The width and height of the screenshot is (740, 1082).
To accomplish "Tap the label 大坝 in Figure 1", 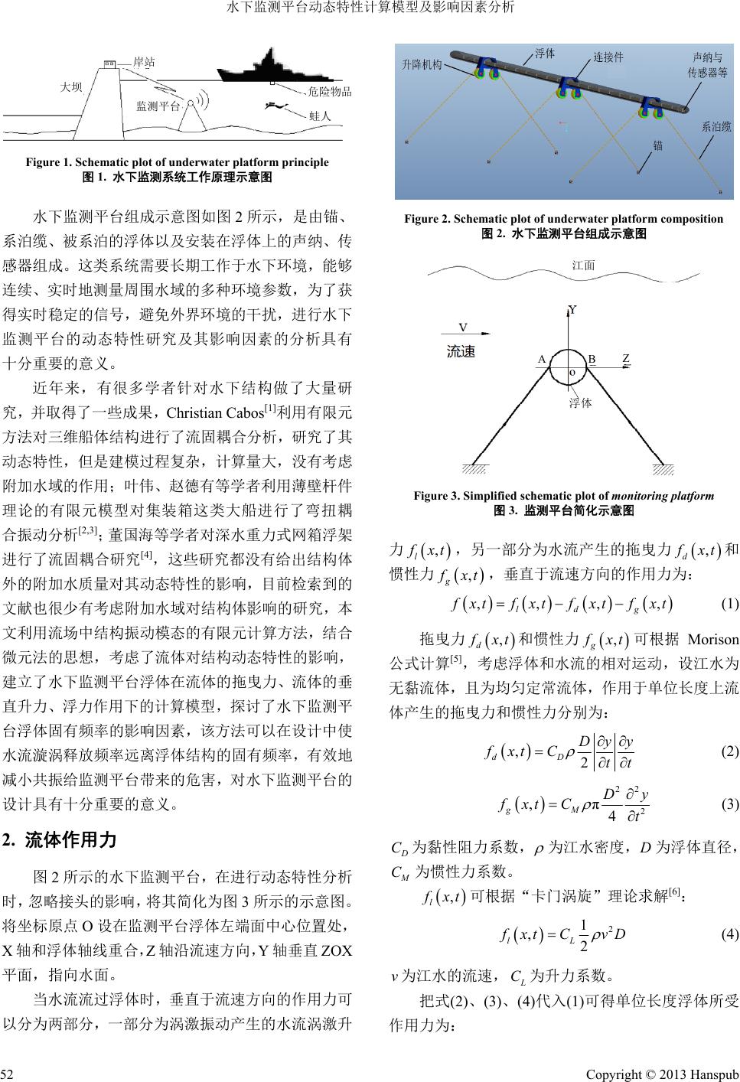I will (71, 87).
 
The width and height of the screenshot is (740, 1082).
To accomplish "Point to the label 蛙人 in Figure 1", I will (319, 116).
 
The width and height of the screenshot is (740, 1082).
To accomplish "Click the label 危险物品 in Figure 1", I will (329, 93).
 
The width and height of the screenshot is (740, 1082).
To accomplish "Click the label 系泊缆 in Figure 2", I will (716, 128).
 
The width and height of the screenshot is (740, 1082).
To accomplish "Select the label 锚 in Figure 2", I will (657, 145).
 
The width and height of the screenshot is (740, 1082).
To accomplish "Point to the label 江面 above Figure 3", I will (584, 266).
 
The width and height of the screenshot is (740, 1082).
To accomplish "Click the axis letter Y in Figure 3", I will (572, 310).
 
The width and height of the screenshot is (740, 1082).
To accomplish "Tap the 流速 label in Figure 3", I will (461, 352).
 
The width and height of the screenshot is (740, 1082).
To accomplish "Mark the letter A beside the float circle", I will (541, 359).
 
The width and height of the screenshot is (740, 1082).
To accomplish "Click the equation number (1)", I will (729, 603).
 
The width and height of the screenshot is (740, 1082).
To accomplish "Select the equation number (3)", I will (729, 805).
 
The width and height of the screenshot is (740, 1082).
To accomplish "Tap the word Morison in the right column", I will (713, 639).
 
